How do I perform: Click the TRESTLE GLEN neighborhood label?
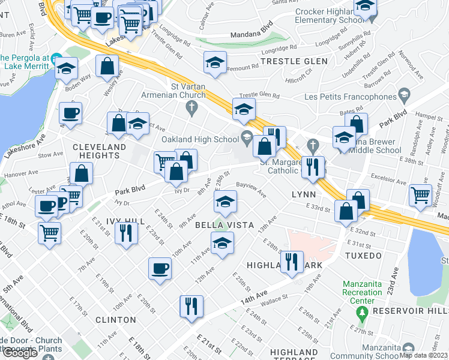[294, 61]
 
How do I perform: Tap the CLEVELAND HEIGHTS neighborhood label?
[100, 151]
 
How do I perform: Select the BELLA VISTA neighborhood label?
[223, 224]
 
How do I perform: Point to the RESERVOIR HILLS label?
[410, 311]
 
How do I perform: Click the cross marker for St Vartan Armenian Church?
[191, 109]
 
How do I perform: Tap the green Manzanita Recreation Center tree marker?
[361, 312]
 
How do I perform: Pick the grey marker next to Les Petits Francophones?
[405, 95]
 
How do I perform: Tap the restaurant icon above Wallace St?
[292, 262]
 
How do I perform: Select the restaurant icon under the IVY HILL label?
[125, 232]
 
